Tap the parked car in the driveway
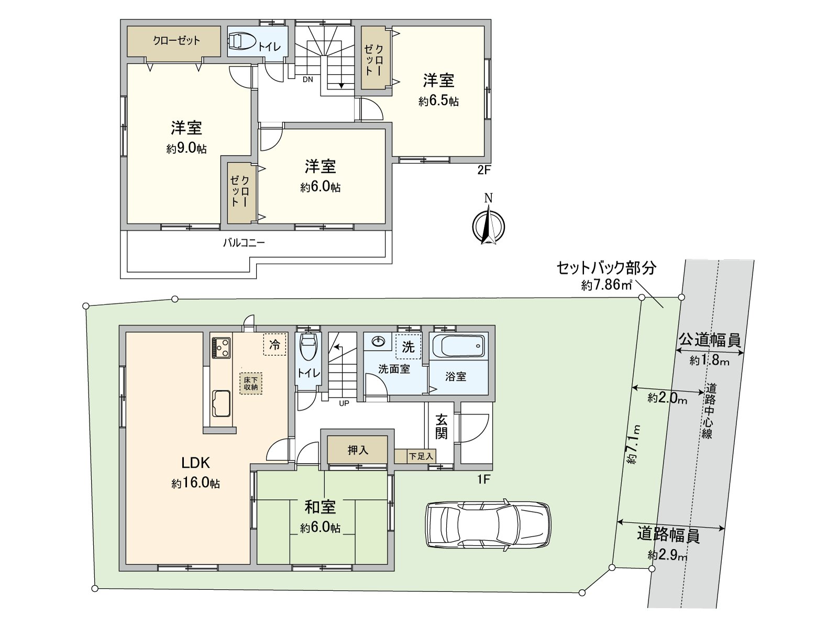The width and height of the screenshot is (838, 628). (488, 524)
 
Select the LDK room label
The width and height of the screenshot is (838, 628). (195, 463)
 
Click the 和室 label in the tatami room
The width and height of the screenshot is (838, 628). (320, 507)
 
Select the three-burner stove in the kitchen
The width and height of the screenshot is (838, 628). (221, 347)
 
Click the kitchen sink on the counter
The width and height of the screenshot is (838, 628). (220, 403)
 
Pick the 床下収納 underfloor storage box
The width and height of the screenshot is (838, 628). (251, 383)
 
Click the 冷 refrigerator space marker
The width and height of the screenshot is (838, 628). (274, 344)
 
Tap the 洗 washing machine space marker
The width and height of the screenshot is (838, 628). (408, 346)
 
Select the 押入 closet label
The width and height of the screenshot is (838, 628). (358, 450)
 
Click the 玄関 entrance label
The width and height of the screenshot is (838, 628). (441, 426)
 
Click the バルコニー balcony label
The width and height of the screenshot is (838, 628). (244, 243)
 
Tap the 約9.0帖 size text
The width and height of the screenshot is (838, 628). (186, 149)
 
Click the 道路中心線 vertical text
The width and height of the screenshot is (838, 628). (709, 411)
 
